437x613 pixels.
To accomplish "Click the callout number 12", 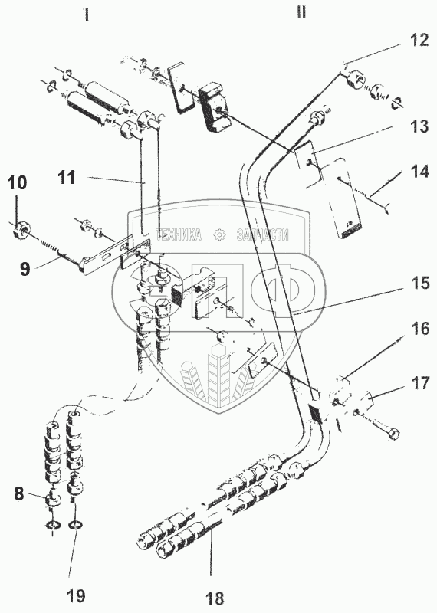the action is (x=419, y=40).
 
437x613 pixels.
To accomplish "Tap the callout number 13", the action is (x=419, y=126).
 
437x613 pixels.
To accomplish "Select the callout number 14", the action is (x=419, y=172).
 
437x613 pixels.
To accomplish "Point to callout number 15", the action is (x=420, y=284).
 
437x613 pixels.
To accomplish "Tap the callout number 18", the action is (x=215, y=598).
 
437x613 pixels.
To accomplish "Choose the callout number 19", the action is (x=75, y=596).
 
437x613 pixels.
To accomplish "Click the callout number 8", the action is (x=19, y=494).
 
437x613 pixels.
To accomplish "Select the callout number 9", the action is (x=25, y=270).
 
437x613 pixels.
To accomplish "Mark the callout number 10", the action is (x=17, y=183).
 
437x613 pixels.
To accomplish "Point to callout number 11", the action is (x=67, y=178).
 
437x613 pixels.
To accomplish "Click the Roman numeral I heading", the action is (x=86, y=15).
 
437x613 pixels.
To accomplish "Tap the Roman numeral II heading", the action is (x=301, y=13).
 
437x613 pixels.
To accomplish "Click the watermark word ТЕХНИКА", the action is (x=179, y=234).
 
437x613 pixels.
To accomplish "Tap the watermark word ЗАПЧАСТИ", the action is (x=263, y=234).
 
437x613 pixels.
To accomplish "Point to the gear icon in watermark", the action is (x=219, y=234).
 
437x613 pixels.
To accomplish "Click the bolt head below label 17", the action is (x=394, y=434).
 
